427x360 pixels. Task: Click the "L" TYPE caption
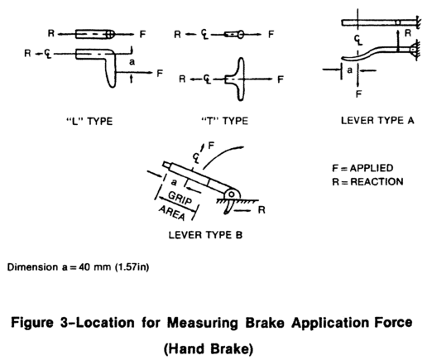(x=89, y=121)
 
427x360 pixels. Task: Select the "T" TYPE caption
(x=224, y=121)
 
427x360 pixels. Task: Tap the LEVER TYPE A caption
(x=377, y=120)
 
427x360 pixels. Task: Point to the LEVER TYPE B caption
(x=205, y=235)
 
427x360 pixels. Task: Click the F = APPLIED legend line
(x=362, y=168)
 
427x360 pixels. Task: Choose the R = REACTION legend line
(x=367, y=182)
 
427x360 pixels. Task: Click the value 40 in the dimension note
(x=84, y=267)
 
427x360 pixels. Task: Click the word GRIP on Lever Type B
(x=180, y=198)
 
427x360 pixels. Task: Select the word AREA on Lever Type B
(x=171, y=213)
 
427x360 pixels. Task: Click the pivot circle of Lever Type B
(x=232, y=194)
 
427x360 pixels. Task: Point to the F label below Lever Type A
(x=358, y=94)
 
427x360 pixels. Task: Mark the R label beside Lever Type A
(x=408, y=33)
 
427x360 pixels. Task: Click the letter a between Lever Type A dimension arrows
(x=350, y=70)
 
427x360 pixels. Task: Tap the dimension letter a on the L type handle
(x=132, y=62)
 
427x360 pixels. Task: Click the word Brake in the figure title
(x=265, y=323)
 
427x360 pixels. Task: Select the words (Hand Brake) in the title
(x=209, y=348)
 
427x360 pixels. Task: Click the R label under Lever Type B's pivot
(x=261, y=210)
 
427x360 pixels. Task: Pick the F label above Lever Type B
(x=211, y=146)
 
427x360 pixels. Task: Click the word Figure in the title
(x=32, y=323)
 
